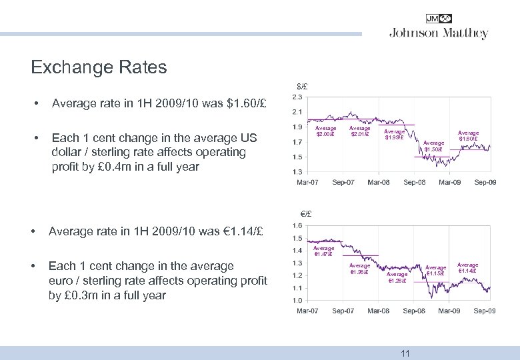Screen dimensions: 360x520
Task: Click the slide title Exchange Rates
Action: click(99, 67)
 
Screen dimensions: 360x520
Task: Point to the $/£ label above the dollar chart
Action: click(302, 86)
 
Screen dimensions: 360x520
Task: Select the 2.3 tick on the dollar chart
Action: click(298, 97)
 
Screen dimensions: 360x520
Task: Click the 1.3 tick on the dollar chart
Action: click(298, 172)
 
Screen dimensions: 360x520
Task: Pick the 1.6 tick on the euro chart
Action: click(298, 226)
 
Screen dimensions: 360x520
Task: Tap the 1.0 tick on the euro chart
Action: click(298, 301)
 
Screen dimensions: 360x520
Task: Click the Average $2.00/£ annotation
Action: click(325, 131)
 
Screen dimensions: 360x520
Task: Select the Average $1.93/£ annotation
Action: click(394, 135)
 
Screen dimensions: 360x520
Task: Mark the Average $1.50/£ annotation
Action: click(433, 146)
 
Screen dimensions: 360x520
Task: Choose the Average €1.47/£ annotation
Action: click(324, 251)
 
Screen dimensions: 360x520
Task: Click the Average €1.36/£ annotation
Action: click(360, 269)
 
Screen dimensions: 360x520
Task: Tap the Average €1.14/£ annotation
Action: click(467, 269)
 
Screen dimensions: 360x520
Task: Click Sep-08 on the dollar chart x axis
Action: click(415, 183)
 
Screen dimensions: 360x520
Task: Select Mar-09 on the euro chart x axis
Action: click(449, 311)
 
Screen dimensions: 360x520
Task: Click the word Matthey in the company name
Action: click(467, 33)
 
